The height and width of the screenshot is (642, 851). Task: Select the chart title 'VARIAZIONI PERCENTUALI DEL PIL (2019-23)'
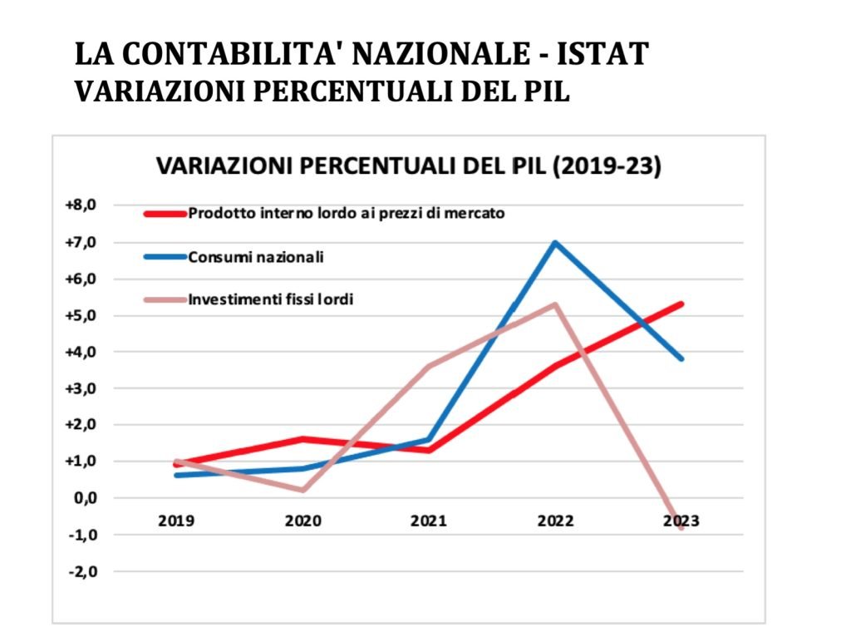pos(409,165)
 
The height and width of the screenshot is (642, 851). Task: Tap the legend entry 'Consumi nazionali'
pos(256,256)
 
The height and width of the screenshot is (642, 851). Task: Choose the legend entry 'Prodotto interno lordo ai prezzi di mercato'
pos(347,212)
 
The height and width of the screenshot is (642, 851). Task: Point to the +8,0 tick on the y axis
pos(81,205)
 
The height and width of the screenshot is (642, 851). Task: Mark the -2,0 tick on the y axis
pos(83,571)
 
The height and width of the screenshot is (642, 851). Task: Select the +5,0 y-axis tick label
pos(81,315)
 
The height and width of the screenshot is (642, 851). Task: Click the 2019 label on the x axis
pos(176,521)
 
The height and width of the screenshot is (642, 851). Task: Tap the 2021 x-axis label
pos(429,521)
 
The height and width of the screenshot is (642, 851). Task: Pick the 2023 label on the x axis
pos(681,521)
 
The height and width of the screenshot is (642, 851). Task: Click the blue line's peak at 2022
pos(554,243)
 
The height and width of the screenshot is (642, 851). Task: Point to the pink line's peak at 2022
pos(554,304)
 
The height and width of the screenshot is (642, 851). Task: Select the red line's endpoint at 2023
pos(681,304)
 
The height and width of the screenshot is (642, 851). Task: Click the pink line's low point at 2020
pos(303,490)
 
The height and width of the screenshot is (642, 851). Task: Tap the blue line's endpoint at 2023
pos(681,358)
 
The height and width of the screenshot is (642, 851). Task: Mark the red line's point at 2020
pos(303,439)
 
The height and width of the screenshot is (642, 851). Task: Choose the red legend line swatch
pos(164,213)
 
